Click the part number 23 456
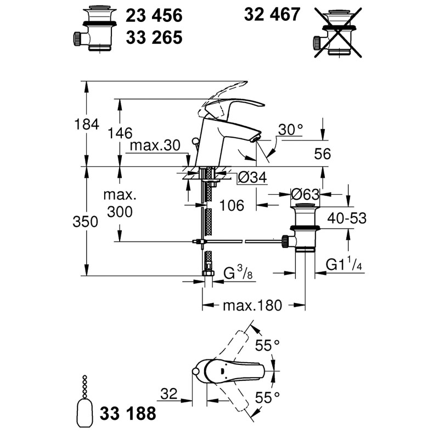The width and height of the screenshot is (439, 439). pos(154,15)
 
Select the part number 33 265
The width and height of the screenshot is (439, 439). pos(154,37)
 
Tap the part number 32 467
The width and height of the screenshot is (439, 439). pos(272,14)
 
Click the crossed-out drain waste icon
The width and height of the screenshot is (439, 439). pos(338,33)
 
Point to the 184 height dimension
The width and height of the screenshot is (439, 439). pos(87,124)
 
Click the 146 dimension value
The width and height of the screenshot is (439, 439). pos(120,133)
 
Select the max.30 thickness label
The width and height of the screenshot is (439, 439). pos(155,145)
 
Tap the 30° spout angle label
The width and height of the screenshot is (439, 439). pos(291,130)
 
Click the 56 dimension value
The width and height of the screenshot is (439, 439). pos(323,154)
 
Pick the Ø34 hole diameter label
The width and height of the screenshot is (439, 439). pos(252,177)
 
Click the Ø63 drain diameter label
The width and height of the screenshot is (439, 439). pos(305,194)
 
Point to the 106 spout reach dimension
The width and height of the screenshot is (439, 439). pos(232,205)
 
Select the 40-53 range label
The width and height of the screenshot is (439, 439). pos(347,218)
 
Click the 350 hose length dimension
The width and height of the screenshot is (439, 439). pos(86,222)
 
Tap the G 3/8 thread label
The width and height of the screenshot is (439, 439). pos(238,273)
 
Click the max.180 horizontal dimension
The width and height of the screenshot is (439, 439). pos(252,306)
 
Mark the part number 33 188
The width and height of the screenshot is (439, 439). pos(128,413)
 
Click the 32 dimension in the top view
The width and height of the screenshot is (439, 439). pos(169,393)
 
